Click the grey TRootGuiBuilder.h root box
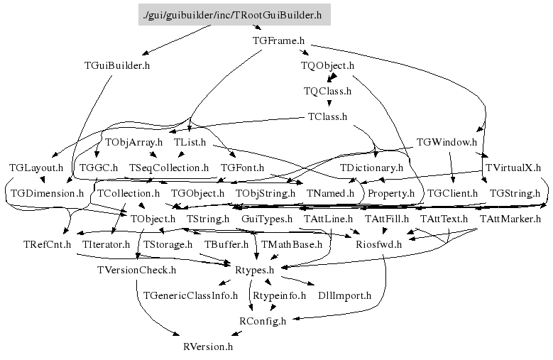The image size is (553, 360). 234,14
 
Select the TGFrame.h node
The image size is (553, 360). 278,40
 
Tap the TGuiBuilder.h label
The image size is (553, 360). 117,65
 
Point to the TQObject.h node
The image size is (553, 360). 327,65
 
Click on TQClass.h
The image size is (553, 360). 327,91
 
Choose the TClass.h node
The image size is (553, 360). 327,116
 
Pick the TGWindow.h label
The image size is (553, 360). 447,142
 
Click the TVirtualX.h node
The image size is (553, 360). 513,168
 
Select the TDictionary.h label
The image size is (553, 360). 371,168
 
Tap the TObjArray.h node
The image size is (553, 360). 134,142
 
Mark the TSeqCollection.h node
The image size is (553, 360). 169,168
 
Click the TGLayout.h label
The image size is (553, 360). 36,168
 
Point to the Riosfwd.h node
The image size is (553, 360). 378,244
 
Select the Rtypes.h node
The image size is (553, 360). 259,270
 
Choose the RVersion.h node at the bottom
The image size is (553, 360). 208,347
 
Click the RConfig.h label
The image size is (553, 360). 262,321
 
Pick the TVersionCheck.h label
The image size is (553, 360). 136,270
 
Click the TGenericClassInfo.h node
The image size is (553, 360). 190,295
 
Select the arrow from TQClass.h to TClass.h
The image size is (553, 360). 329,104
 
